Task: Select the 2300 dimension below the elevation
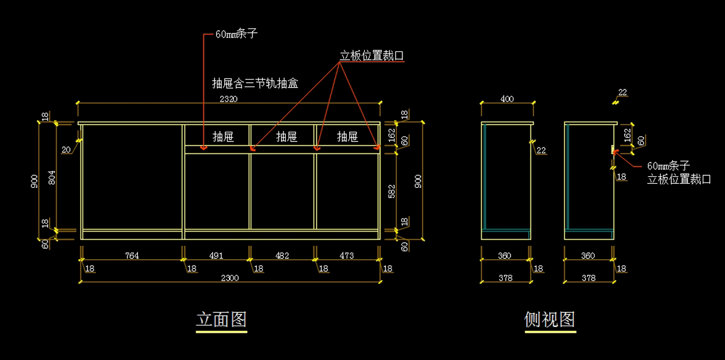click(230, 278)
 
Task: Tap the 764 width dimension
click(132, 256)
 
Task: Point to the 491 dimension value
click(216, 256)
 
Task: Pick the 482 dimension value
click(282, 256)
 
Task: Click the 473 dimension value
click(346, 256)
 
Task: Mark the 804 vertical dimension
click(51, 177)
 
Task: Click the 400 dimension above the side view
click(507, 98)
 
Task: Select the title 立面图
click(221, 319)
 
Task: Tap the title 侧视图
click(550, 319)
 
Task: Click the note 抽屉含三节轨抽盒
click(255, 83)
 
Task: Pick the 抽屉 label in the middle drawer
click(286, 137)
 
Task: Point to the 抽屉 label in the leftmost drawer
click(223, 137)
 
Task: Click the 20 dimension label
click(66, 149)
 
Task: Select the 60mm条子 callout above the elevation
click(237, 34)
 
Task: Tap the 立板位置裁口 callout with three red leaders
click(372, 56)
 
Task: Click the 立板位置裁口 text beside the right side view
click(678, 179)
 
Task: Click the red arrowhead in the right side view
click(615, 151)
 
